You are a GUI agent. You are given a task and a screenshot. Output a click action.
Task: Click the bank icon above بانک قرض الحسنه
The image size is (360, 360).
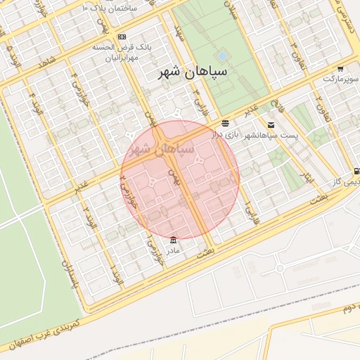click(x=122, y=37)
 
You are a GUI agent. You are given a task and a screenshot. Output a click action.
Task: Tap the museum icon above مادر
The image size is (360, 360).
click(x=173, y=240)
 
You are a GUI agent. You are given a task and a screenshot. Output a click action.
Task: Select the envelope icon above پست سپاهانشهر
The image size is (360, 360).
click(x=271, y=125)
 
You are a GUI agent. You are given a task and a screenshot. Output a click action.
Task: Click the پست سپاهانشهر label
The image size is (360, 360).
click(x=272, y=135)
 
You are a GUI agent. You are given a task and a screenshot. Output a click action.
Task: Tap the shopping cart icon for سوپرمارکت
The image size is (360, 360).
click(x=340, y=69)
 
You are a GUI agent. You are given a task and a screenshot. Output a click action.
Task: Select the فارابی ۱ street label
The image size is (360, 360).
click(x=247, y=210)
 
